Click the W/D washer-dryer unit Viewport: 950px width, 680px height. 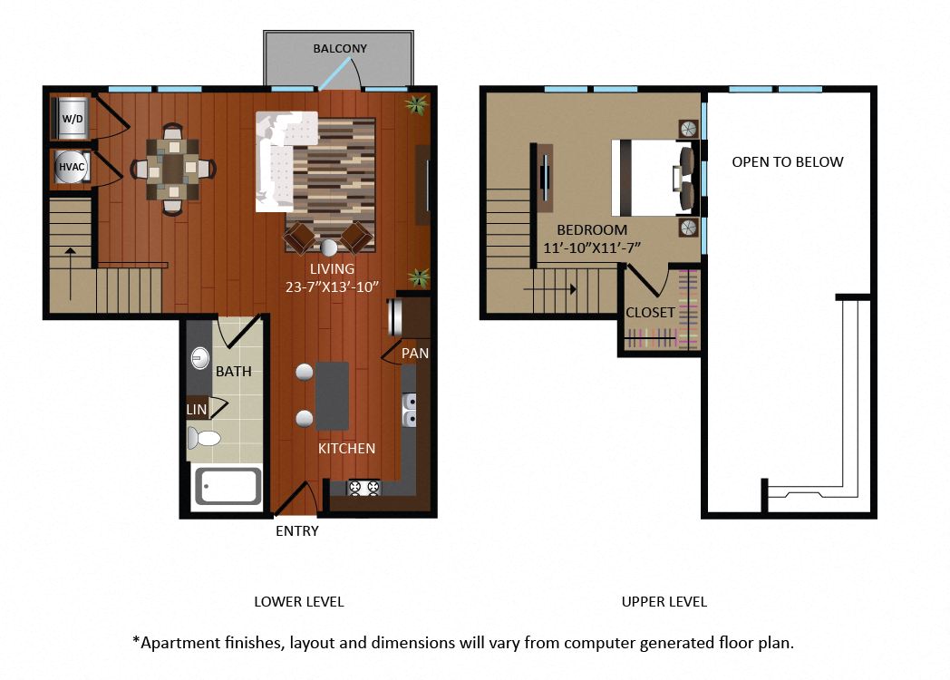(x=73, y=118)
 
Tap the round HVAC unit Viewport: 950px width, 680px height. (x=72, y=167)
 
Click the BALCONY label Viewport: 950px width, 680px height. (x=340, y=48)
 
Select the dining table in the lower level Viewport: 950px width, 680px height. (x=173, y=169)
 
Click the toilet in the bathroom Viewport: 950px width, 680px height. (x=203, y=437)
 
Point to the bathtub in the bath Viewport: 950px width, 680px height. (x=228, y=486)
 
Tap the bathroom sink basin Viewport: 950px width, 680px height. (x=199, y=358)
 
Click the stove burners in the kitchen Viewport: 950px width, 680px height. (x=364, y=487)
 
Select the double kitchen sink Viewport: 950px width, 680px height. (x=410, y=409)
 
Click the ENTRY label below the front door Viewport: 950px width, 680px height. (x=297, y=531)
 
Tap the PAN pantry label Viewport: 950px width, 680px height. (x=415, y=353)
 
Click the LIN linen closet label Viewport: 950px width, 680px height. (x=197, y=410)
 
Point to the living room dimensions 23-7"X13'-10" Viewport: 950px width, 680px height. (x=332, y=287)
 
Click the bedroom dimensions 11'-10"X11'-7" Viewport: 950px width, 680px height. (x=592, y=248)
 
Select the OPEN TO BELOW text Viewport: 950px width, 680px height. (x=788, y=161)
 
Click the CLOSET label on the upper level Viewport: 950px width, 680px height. (x=650, y=313)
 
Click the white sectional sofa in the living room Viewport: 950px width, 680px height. (x=281, y=161)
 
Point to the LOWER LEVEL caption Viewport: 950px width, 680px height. (x=299, y=602)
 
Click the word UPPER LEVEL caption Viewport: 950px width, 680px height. (x=664, y=602)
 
